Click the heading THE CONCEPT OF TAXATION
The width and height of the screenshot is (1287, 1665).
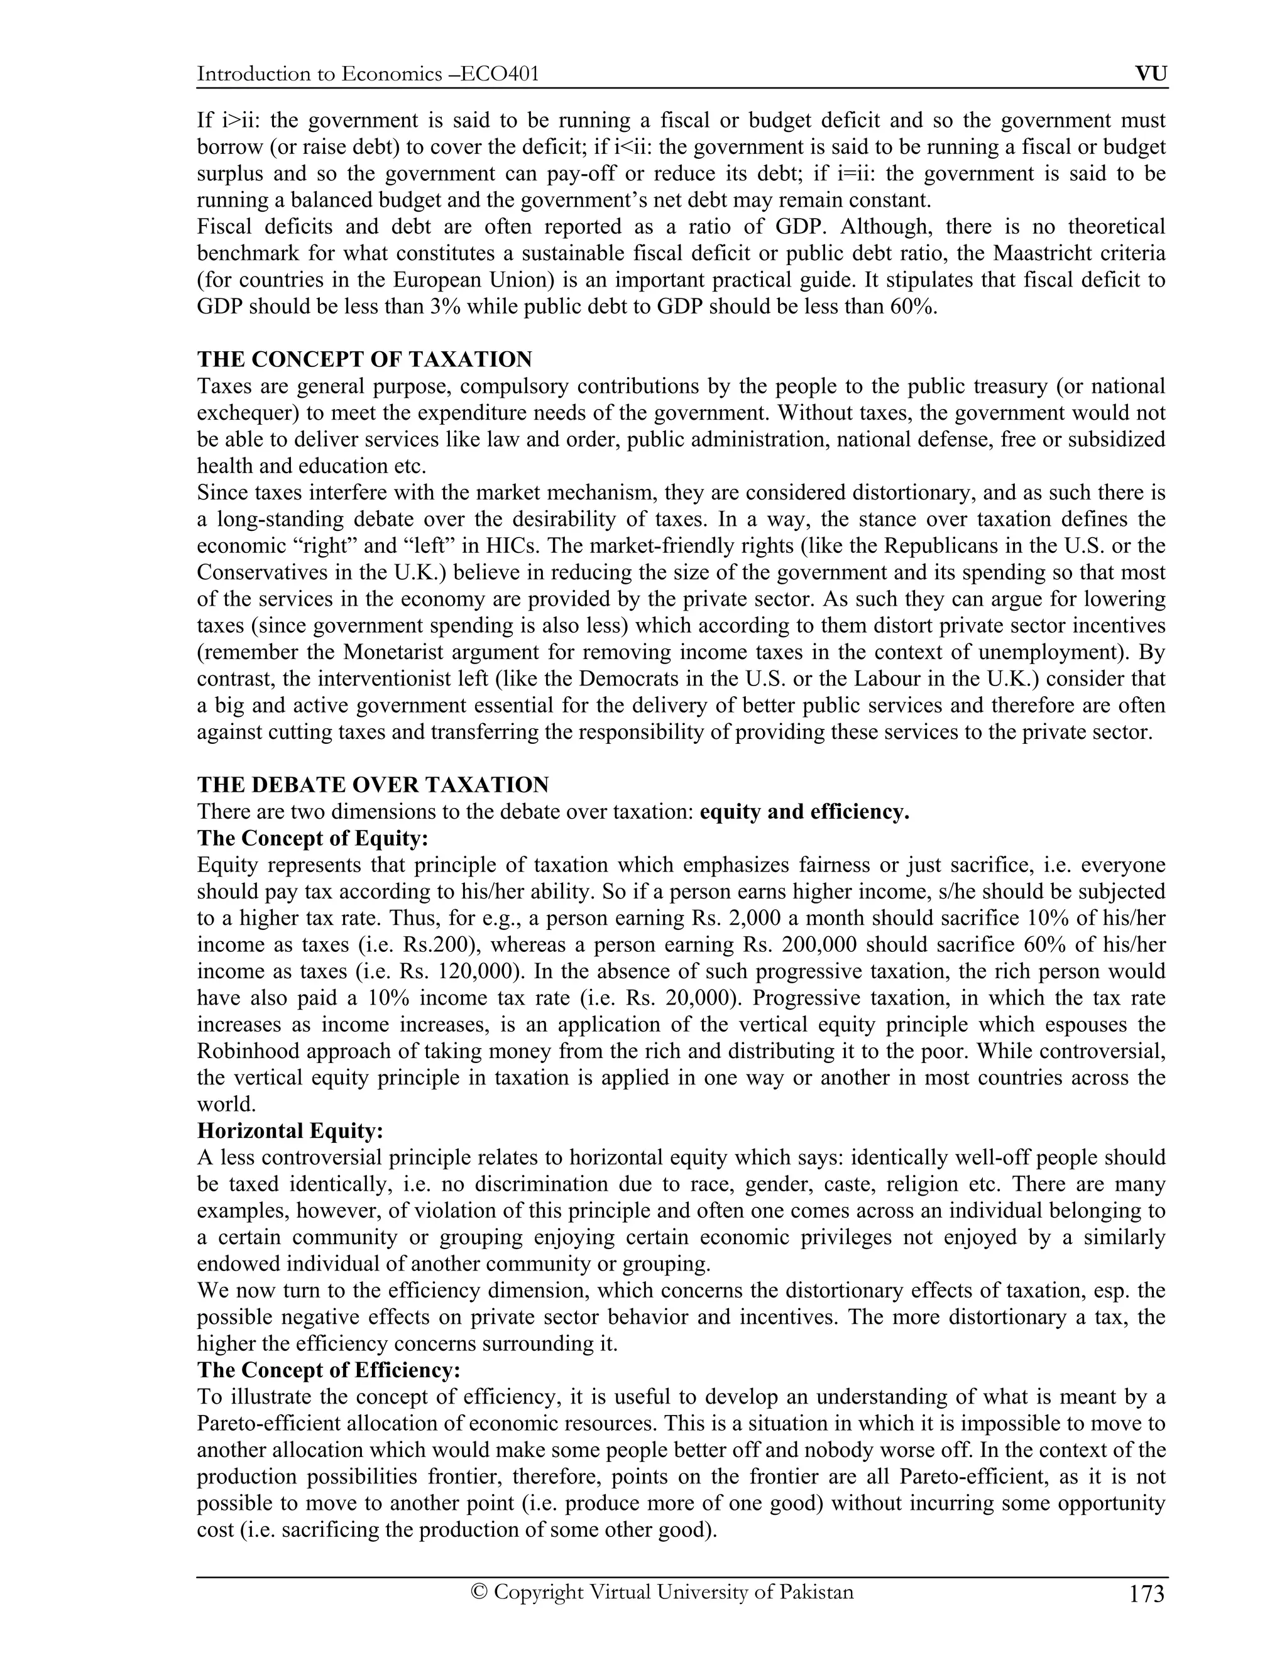click(364, 359)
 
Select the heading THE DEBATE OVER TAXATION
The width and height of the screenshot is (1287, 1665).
click(373, 785)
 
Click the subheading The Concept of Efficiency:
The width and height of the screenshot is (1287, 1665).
click(329, 1370)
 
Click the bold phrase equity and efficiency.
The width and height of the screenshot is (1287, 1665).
click(804, 811)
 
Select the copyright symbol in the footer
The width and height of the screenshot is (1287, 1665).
click(479, 1592)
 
